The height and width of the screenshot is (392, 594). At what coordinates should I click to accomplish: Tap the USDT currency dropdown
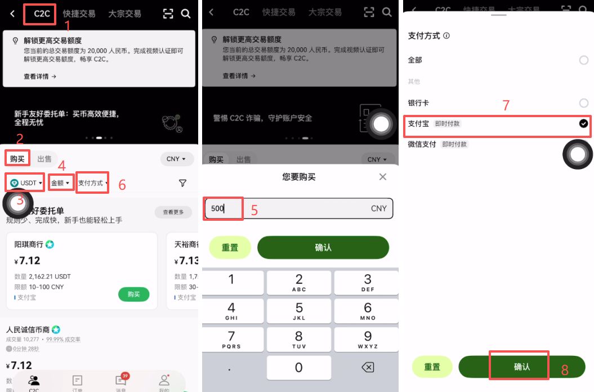pos(26,183)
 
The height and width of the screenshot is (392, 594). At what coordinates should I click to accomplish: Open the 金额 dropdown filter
pos(61,183)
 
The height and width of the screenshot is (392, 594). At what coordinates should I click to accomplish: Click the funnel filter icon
pos(182,183)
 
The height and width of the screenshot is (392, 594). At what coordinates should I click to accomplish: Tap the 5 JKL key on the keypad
pos(299,311)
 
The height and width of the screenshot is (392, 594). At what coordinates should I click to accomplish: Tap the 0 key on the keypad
pos(299,367)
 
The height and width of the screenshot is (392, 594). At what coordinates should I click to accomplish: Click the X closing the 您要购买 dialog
pos(383,177)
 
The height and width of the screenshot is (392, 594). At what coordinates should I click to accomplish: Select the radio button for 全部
pos(583,60)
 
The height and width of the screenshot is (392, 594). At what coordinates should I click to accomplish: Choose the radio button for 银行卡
pos(583,103)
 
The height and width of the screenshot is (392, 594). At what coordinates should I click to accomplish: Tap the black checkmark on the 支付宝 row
pos(583,124)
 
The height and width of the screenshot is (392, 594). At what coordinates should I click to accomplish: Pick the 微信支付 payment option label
pos(422,144)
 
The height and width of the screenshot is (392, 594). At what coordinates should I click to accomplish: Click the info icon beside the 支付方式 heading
pos(446,35)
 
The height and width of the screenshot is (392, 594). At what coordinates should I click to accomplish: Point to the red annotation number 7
pos(506,105)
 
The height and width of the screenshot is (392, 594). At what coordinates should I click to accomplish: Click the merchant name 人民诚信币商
pos(28,329)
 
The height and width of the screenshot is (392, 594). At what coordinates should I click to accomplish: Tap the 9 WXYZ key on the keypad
pos(368,339)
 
